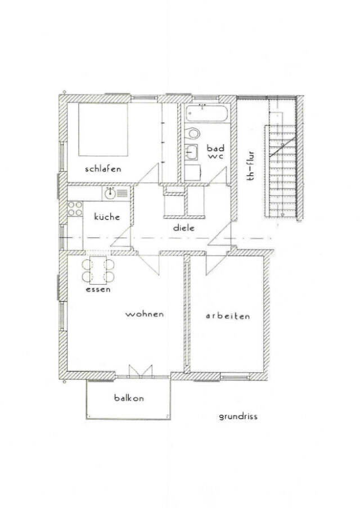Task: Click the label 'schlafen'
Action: coord(103,169)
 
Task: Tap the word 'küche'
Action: coord(107,217)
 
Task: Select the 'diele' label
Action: coord(184,228)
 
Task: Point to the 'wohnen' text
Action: coord(145,314)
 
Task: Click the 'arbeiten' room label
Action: coord(228,316)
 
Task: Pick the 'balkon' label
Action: coord(129,398)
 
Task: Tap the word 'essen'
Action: coord(98,289)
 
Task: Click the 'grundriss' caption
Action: coord(238,417)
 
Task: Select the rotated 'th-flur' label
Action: coord(250,165)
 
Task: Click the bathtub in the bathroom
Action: coord(206,113)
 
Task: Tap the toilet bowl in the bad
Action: coord(193,133)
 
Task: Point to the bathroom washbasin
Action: coord(191,152)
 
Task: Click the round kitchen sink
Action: coord(110,194)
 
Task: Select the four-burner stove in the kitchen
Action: coord(75,208)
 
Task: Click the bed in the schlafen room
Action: coord(103,129)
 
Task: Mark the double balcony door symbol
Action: coord(141,371)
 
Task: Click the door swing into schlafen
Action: coord(147,173)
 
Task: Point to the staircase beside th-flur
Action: coord(281,171)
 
